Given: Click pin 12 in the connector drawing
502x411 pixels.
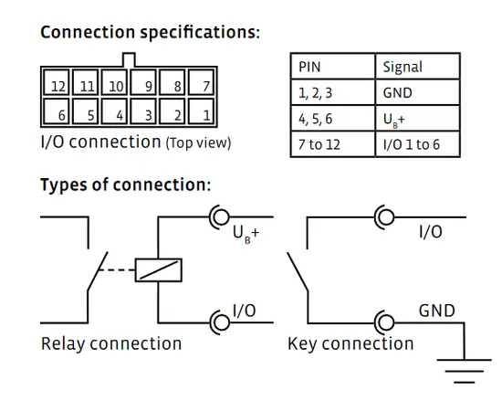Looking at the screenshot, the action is click(x=57, y=82).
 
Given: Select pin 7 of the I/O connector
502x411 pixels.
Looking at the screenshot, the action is click(x=201, y=82).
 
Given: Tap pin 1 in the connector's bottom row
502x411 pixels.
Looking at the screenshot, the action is click(x=201, y=111).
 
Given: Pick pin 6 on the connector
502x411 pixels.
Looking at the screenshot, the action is click(x=57, y=111).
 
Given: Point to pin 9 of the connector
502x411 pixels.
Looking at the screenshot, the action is click(x=143, y=82).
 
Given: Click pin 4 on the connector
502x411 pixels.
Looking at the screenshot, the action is click(x=114, y=111).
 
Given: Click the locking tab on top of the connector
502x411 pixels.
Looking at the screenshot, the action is click(x=129, y=60).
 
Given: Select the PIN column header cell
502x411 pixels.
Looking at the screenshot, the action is click(x=332, y=67).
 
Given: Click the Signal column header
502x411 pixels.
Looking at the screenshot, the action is click(x=417, y=67).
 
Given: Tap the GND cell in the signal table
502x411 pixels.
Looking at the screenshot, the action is click(x=417, y=92).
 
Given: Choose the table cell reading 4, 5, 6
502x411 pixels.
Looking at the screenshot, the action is click(x=332, y=118).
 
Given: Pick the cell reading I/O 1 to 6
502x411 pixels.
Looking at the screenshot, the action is click(x=417, y=144).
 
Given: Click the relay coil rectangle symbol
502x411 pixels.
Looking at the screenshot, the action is click(x=159, y=270).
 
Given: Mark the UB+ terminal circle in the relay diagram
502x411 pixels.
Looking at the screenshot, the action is click(x=221, y=216).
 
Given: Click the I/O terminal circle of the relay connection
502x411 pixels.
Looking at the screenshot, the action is click(x=221, y=322).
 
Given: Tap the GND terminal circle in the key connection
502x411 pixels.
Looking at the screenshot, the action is click(x=385, y=322).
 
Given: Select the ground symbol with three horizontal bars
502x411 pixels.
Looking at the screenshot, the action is click(x=465, y=371).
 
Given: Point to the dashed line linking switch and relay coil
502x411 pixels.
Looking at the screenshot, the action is click(x=116, y=270).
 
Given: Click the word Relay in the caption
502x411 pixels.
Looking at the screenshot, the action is click(x=63, y=344).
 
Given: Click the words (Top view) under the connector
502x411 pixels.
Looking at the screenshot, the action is click(x=198, y=142).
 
